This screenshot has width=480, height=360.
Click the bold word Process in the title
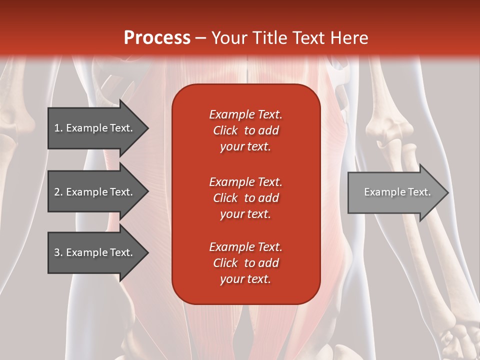[157, 38]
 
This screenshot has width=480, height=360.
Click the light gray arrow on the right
[395, 192]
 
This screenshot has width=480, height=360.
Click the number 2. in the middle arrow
[58, 192]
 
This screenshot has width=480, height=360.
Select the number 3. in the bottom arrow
[58, 252]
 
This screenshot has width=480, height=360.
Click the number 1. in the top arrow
[58, 128]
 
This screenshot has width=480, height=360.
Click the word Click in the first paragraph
[225, 130]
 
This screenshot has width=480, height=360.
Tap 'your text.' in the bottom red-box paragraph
[245, 279]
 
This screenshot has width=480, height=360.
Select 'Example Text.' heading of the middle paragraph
[245, 182]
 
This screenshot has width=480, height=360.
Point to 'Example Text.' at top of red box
[245, 114]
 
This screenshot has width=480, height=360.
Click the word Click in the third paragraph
[225, 263]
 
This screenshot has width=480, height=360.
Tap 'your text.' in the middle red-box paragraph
[245, 214]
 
